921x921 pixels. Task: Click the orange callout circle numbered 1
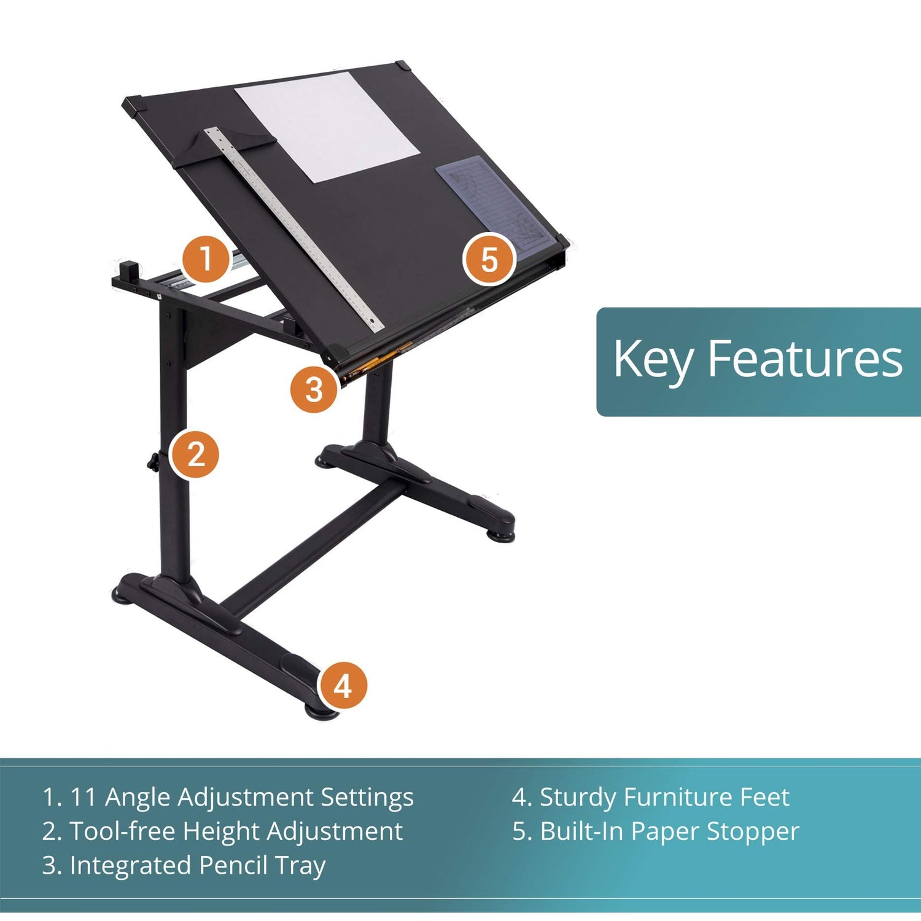tap(206, 258)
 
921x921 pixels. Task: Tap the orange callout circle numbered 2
tap(195, 454)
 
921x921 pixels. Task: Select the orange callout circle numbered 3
tap(314, 389)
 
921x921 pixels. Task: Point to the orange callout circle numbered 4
tap(343, 685)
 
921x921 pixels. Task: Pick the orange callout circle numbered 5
tap(489, 259)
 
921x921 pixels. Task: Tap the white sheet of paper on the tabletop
tap(327, 126)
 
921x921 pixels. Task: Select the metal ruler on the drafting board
tap(295, 227)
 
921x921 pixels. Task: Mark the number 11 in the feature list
tap(83, 798)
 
